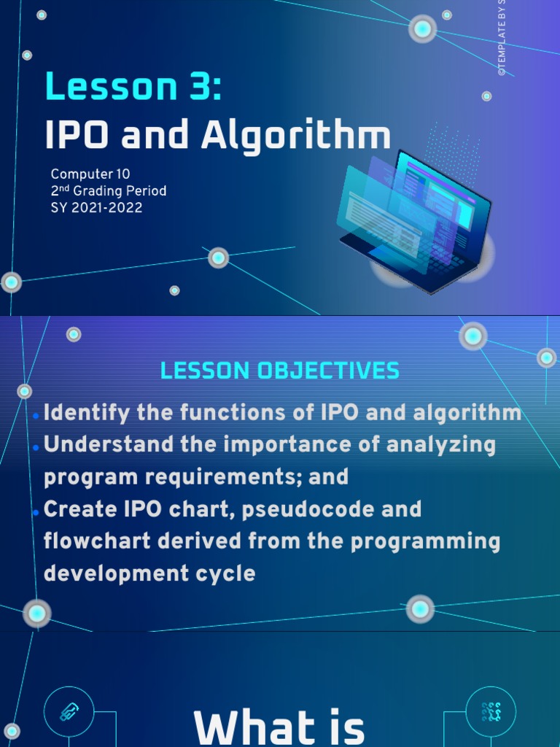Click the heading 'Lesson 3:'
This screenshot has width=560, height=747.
pos(133,87)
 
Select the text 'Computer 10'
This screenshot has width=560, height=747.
pos(90,174)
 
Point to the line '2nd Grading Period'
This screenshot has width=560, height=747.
pos(109,191)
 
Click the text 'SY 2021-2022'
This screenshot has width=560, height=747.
pos(96,208)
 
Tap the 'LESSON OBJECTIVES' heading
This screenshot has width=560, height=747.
pos(280,371)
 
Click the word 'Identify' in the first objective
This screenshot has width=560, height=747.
pos(87,413)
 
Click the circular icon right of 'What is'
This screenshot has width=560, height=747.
pos(491,712)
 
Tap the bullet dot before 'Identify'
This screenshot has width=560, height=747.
pos(36,416)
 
